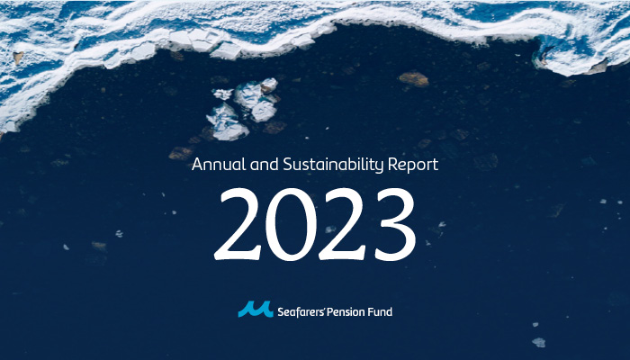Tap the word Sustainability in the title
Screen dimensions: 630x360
click(333, 166)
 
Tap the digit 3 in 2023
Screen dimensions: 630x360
click(395, 225)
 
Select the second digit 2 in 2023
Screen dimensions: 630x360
click(342, 224)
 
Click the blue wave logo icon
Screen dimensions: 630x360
click(256, 309)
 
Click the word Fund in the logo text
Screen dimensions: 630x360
click(380, 311)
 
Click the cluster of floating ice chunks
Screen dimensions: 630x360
click(243, 109)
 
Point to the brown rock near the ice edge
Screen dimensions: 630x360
click(413, 79)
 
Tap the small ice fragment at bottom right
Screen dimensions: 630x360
click(539, 342)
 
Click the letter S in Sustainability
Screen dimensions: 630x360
click(288, 165)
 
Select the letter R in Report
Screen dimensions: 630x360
click(392, 165)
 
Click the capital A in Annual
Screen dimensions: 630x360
click(197, 165)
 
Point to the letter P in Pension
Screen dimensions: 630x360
click(329, 311)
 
